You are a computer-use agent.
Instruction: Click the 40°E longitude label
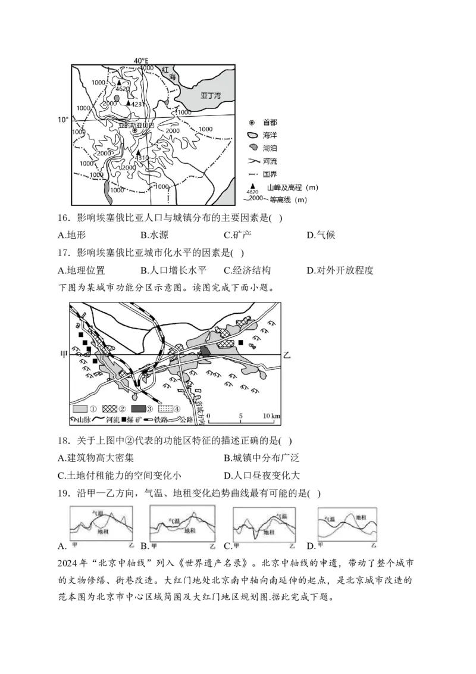click(140, 61)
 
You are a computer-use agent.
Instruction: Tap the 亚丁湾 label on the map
click(210, 95)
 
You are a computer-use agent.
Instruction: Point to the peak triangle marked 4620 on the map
click(119, 83)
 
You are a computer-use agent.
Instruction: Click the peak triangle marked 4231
click(127, 104)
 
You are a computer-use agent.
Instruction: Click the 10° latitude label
click(64, 120)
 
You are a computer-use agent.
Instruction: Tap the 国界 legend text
click(270, 174)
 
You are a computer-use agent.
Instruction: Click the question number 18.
click(64, 441)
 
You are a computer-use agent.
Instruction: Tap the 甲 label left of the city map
click(64, 354)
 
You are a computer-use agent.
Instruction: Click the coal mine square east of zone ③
click(240, 343)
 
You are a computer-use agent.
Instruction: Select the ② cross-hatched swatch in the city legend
click(108, 409)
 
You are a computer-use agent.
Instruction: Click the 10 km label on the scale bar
click(271, 415)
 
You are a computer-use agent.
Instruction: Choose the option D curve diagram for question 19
click(347, 525)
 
